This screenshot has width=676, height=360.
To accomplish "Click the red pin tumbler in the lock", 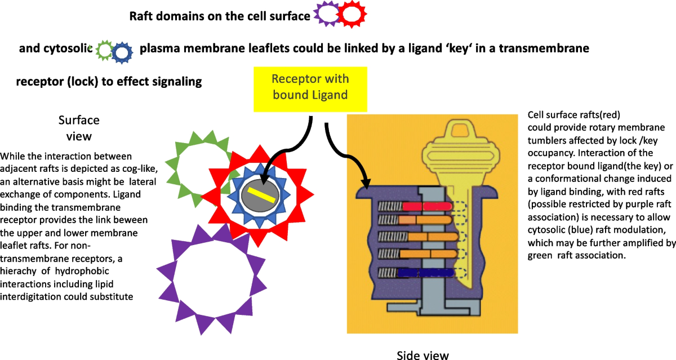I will (x=422, y=207).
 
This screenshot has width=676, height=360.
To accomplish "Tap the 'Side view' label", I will (x=422, y=354).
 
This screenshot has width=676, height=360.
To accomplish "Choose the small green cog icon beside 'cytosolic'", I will (x=105, y=51).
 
